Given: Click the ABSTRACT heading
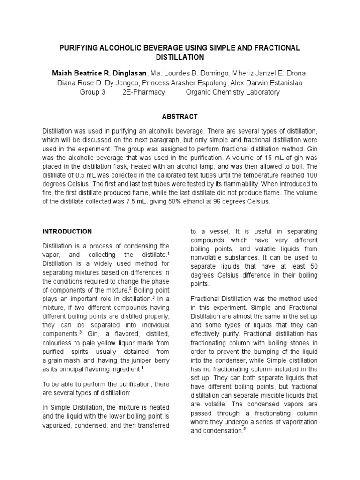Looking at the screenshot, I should coord(180,116).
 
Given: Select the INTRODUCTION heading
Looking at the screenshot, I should coord(67,232).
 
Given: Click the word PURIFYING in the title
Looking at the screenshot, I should coord(79,49).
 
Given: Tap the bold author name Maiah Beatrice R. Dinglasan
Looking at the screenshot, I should coord(99,75).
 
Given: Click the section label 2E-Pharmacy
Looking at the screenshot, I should coord(143,92).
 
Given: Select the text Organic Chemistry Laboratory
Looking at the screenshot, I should coord(232,92).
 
